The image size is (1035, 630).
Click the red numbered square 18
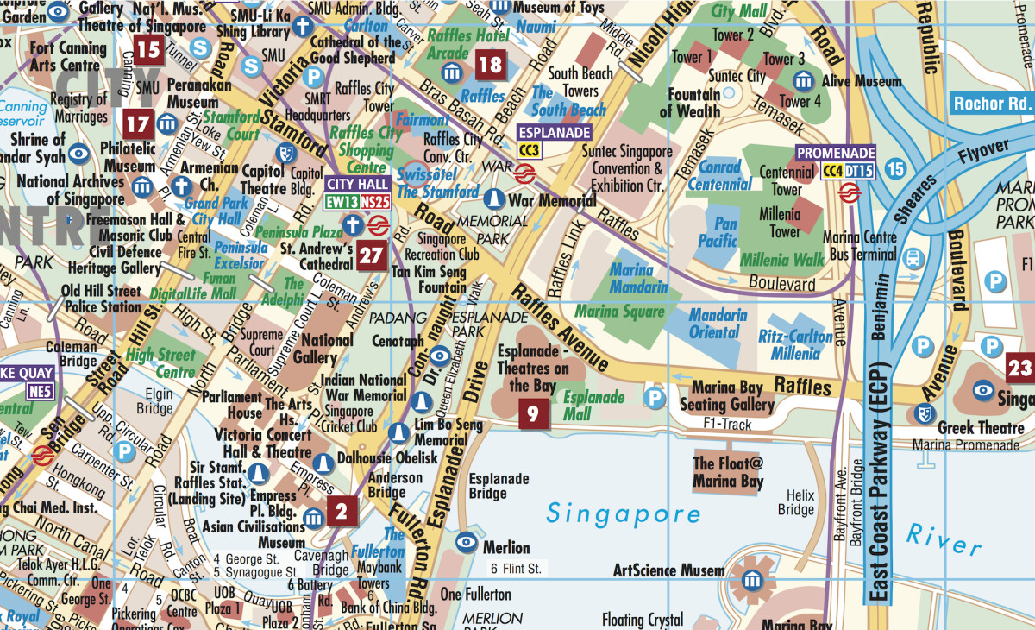point(489,65)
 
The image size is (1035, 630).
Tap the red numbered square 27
point(372,256)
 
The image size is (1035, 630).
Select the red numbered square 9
point(532,415)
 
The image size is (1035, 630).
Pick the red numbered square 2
point(342,512)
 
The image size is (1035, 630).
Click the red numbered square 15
point(149,50)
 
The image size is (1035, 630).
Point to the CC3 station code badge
point(529,150)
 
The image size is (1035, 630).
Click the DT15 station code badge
point(860,171)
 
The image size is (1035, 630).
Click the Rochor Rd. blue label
point(992,104)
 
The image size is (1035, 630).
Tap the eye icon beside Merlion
point(467,542)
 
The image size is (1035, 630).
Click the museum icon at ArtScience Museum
point(752,580)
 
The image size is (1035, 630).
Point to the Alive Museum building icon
point(804,81)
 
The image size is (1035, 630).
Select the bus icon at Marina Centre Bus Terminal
point(912,257)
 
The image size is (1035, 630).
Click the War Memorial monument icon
point(493,199)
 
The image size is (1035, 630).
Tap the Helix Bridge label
point(795,503)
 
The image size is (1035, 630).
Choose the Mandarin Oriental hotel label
point(718,324)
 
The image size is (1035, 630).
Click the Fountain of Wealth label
point(690,103)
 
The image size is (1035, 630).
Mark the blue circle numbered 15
point(894,169)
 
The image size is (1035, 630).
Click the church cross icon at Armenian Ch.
point(181,186)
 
